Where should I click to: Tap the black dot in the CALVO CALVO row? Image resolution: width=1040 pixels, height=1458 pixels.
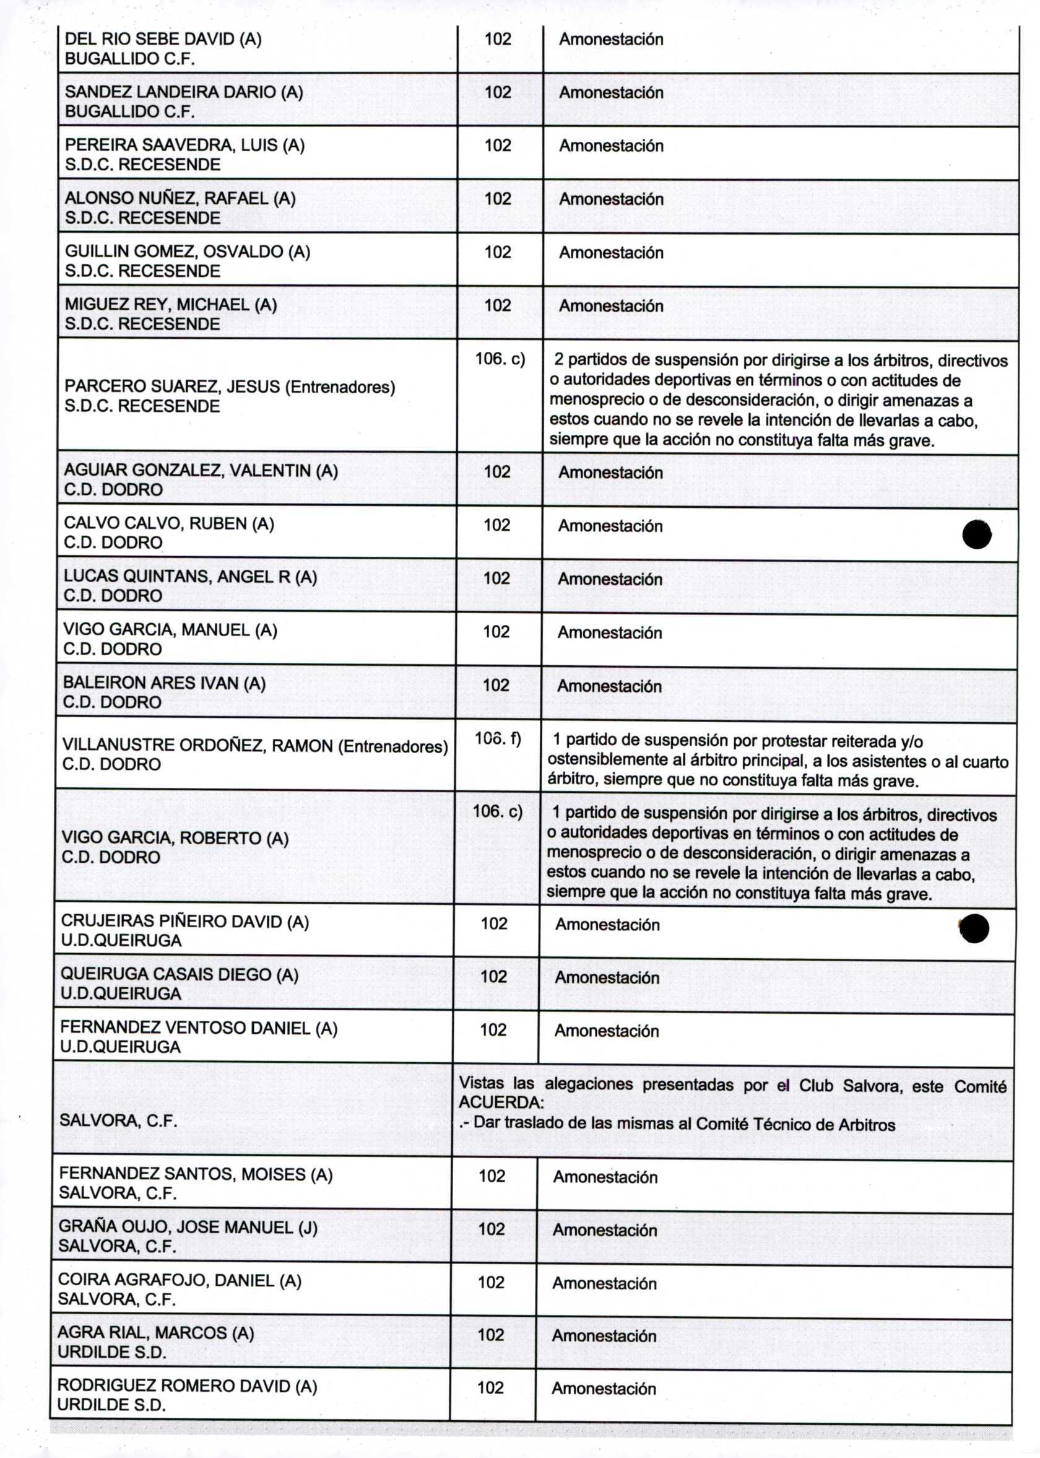coord(977,535)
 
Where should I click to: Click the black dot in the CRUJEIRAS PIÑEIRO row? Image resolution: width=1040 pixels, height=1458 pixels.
coord(974,929)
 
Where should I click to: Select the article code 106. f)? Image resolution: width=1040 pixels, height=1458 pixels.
coord(498,739)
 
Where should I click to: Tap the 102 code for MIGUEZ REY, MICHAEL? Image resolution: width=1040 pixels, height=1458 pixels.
coord(498,305)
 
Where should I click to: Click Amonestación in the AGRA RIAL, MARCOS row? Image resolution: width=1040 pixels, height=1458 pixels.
coord(604,1335)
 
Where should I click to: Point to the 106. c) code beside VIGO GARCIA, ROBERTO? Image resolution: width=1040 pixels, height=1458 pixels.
coord(498,811)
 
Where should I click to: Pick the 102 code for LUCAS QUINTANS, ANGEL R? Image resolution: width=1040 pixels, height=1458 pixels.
coord(496,578)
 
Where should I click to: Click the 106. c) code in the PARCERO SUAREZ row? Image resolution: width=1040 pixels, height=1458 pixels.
coord(500,359)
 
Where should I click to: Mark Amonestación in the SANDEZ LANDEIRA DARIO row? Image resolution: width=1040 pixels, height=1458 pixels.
coord(611,93)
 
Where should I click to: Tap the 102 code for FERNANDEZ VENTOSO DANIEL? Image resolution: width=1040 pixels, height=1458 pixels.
coord(493,1030)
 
